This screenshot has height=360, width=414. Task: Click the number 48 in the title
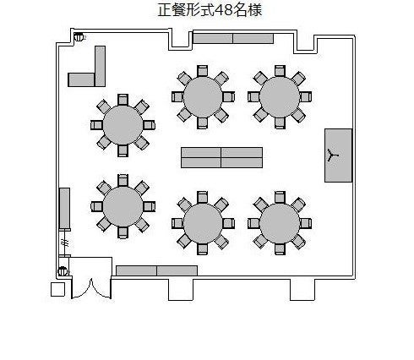[x=224, y=10]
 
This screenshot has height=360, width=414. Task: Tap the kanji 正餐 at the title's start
[x=172, y=10]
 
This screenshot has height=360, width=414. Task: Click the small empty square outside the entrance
[x=57, y=289]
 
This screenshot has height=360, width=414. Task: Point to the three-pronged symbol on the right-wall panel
[x=333, y=155]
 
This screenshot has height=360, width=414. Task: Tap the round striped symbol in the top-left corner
[x=79, y=37]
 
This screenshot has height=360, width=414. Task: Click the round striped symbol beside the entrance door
[x=63, y=271]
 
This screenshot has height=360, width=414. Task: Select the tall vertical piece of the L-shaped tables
[x=100, y=66]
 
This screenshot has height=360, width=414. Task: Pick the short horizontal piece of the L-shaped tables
[x=81, y=79]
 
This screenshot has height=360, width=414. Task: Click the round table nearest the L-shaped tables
[x=123, y=125]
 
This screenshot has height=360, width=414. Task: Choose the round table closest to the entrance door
[x=123, y=206]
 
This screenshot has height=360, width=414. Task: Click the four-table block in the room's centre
[x=221, y=157]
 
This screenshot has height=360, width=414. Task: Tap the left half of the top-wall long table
[x=213, y=38]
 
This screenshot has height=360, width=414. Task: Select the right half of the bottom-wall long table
[x=177, y=270]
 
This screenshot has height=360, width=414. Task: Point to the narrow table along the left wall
[x=64, y=209]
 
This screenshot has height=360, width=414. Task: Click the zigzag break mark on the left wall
[x=65, y=243]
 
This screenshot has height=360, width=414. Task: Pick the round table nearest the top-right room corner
[x=280, y=96]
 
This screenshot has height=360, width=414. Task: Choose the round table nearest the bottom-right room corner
[x=280, y=223]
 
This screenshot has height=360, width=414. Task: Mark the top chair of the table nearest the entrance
[x=123, y=181]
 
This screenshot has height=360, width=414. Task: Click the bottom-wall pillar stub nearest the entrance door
[x=181, y=290]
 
